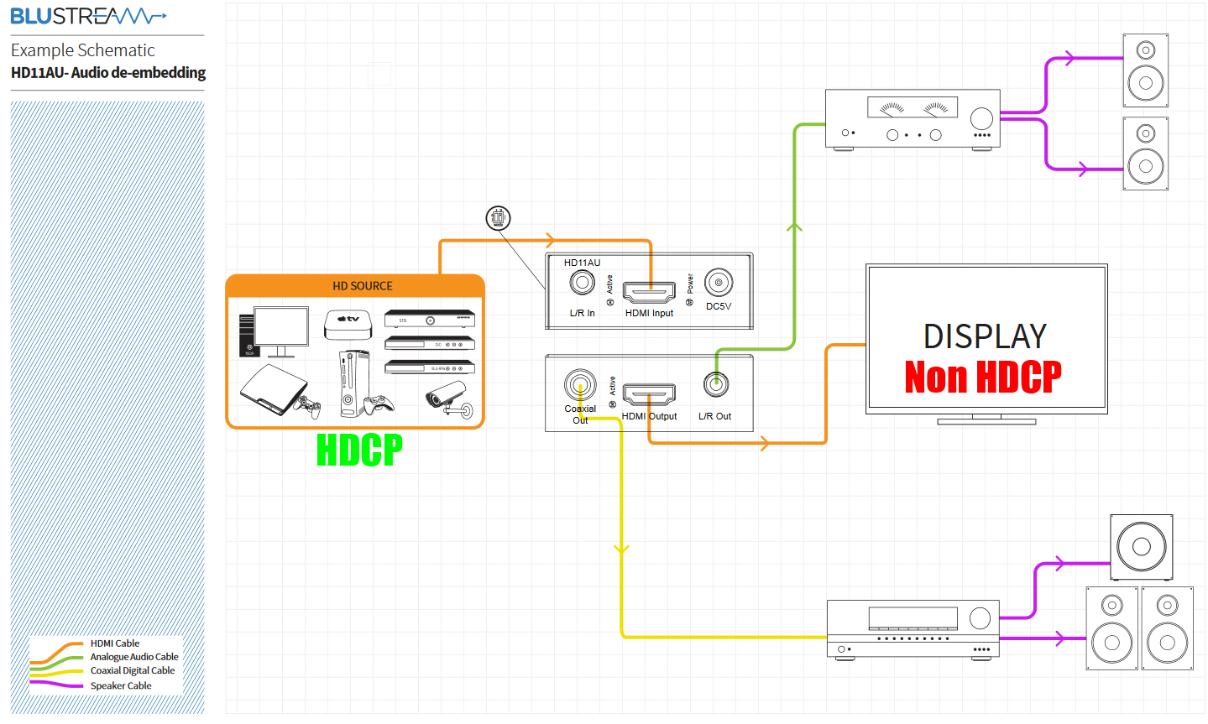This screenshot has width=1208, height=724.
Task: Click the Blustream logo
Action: pos(88,16)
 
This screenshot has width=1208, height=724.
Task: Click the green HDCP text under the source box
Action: pos(359,451)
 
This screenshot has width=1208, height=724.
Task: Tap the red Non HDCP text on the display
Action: pos(983,377)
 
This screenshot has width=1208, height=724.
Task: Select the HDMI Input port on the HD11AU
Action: pos(649,293)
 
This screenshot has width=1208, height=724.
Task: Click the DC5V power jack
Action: pos(719,283)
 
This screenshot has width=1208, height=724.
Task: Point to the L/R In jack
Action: pos(582,283)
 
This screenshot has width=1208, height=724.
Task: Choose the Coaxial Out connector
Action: pos(580,386)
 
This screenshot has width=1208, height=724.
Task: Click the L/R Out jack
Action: pos(715,385)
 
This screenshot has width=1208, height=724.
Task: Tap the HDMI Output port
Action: pos(649,394)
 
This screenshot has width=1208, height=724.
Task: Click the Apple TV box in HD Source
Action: pos(348,323)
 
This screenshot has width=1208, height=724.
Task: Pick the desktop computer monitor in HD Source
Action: pos(280,329)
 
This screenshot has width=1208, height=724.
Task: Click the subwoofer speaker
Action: pos(1141,547)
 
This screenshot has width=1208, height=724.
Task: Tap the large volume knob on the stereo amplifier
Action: pos(981,118)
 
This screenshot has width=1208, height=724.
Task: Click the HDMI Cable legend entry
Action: pos(115,643)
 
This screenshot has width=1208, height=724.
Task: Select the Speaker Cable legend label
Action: pos(121,685)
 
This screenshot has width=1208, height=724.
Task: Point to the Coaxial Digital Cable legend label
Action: pos(133,670)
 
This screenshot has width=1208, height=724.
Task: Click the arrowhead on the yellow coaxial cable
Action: pos(621,550)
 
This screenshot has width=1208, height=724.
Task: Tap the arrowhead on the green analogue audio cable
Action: pos(794,226)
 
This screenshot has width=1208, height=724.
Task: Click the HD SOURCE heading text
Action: pos(363,286)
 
